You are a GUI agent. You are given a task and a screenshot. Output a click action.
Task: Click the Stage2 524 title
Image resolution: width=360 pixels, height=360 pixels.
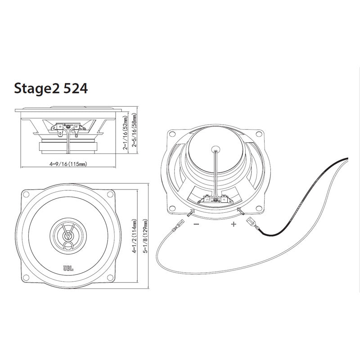tap(51, 89)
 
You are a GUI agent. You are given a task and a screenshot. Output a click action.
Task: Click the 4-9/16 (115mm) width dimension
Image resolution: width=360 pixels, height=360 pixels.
tap(68, 164)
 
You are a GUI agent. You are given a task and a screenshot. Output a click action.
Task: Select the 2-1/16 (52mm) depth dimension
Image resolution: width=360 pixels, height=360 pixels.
tap(126, 133)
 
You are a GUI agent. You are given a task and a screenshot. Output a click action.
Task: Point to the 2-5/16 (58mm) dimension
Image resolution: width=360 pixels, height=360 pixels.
tap(134, 130)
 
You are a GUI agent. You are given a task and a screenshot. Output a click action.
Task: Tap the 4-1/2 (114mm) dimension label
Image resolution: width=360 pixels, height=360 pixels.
tap(134, 236)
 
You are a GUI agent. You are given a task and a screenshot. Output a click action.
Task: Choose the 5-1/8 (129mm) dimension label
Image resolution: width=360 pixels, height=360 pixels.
tap(145, 236)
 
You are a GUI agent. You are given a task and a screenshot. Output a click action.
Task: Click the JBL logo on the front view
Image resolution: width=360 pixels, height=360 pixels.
tap(68, 268)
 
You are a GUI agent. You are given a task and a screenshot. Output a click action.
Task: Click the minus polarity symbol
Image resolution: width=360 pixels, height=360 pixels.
tap(196, 224)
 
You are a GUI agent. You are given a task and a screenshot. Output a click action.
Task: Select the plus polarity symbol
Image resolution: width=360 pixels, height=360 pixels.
tap(234, 224)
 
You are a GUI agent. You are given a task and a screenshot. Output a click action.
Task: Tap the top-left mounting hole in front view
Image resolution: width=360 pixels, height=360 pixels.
tap(26, 194)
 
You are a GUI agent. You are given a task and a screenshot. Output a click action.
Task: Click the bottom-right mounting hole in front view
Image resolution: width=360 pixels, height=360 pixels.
tap(111, 278)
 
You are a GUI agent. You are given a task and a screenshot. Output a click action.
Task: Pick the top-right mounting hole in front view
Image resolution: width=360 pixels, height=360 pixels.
tap(111, 194)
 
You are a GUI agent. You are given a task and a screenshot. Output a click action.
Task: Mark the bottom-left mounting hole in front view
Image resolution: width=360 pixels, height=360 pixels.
tap(26, 278)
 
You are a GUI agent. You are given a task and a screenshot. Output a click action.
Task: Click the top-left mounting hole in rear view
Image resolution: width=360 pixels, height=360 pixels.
tap(172, 134)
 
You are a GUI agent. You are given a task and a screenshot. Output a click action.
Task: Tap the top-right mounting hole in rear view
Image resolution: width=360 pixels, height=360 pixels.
tap(259, 133)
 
